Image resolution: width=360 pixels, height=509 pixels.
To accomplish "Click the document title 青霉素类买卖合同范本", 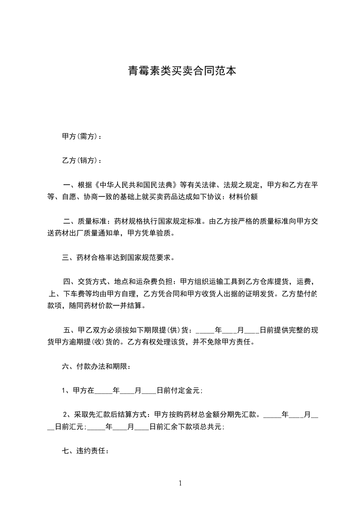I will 182,71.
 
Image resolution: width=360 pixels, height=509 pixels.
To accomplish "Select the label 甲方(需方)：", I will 82,136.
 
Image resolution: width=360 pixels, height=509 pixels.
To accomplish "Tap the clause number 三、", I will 67,258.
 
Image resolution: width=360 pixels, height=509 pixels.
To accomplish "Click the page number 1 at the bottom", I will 180,483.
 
